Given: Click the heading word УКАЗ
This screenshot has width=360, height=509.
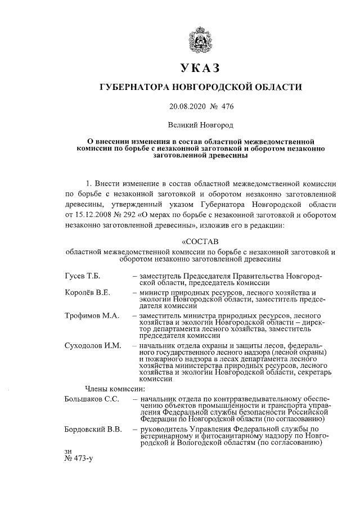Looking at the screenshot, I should click(x=200, y=69).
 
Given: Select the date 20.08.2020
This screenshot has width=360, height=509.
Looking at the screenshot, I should click(x=188, y=105).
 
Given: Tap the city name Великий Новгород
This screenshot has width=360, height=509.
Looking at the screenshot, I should click(x=200, y=123).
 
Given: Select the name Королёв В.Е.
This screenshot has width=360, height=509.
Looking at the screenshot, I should click(x=88, y=293).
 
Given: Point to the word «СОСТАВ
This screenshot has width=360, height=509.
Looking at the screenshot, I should click(x=200, y=243).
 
